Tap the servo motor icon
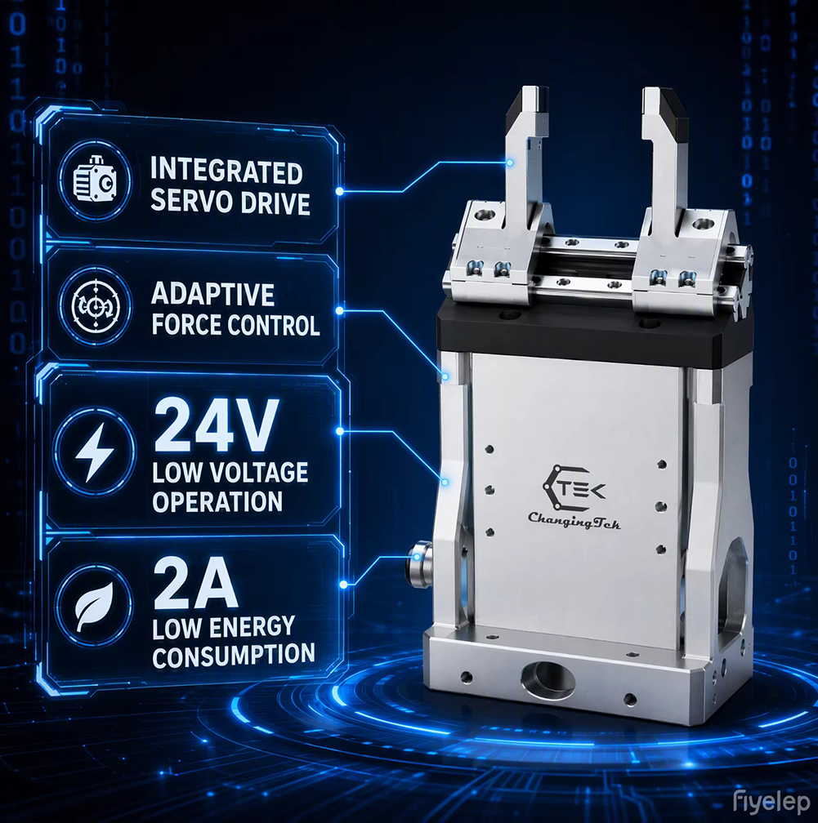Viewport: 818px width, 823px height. coord(95,181)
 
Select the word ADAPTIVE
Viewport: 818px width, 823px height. coord(212,294)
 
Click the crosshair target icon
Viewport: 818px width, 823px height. coord(96,306)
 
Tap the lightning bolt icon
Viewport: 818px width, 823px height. coord(95,452)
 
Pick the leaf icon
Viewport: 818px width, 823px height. coord(95,606)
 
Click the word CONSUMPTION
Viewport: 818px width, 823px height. coord(234,656)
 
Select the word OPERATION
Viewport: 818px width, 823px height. coord(217,502)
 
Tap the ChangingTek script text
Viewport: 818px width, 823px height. coord(574,521)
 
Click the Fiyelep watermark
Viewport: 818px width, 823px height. coord(771,803)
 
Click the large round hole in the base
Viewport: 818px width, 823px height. coord(548,678)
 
